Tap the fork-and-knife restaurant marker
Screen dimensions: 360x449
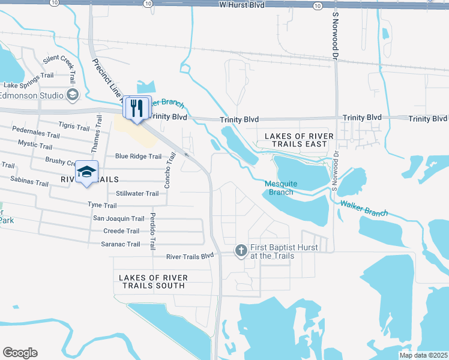click(137, 108)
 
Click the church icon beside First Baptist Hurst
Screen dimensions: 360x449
click(241, 251)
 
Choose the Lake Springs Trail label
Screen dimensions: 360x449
click(28, 76)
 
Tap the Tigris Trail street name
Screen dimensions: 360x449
click(74, 125)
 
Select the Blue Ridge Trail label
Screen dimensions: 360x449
click(138, 157)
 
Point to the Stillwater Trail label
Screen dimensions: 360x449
click(137, 194)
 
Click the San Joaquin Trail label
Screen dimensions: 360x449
click(118, 219)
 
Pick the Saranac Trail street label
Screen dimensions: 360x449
click(121, 244)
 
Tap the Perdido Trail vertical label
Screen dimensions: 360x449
click(153, 231)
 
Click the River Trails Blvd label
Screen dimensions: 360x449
click(190, 256)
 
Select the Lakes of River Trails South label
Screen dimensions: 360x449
click(153, 281)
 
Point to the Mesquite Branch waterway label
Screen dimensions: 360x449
click(280, 188)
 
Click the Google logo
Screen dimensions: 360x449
click(20, 353)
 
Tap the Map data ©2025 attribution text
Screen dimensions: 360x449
click(423, 355)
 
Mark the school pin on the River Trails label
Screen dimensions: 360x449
click(87, 173)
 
